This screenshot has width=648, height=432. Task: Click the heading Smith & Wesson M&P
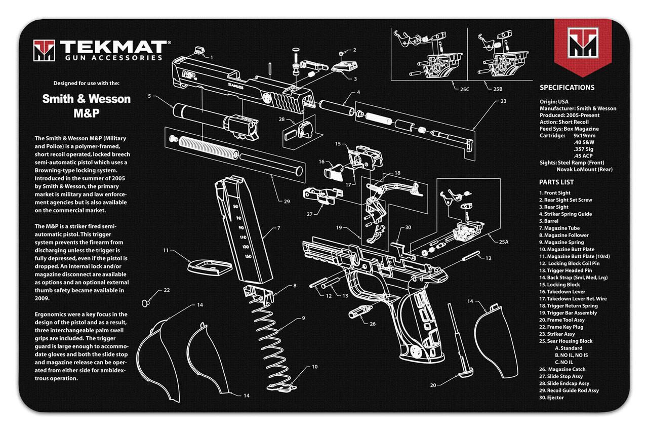click(x=86, y=105)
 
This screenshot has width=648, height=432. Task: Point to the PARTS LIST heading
click(x=556, y=182)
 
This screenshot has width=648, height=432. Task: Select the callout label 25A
click(x=503, y=242)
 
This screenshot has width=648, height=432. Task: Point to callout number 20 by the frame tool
click(x=433, y=385)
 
